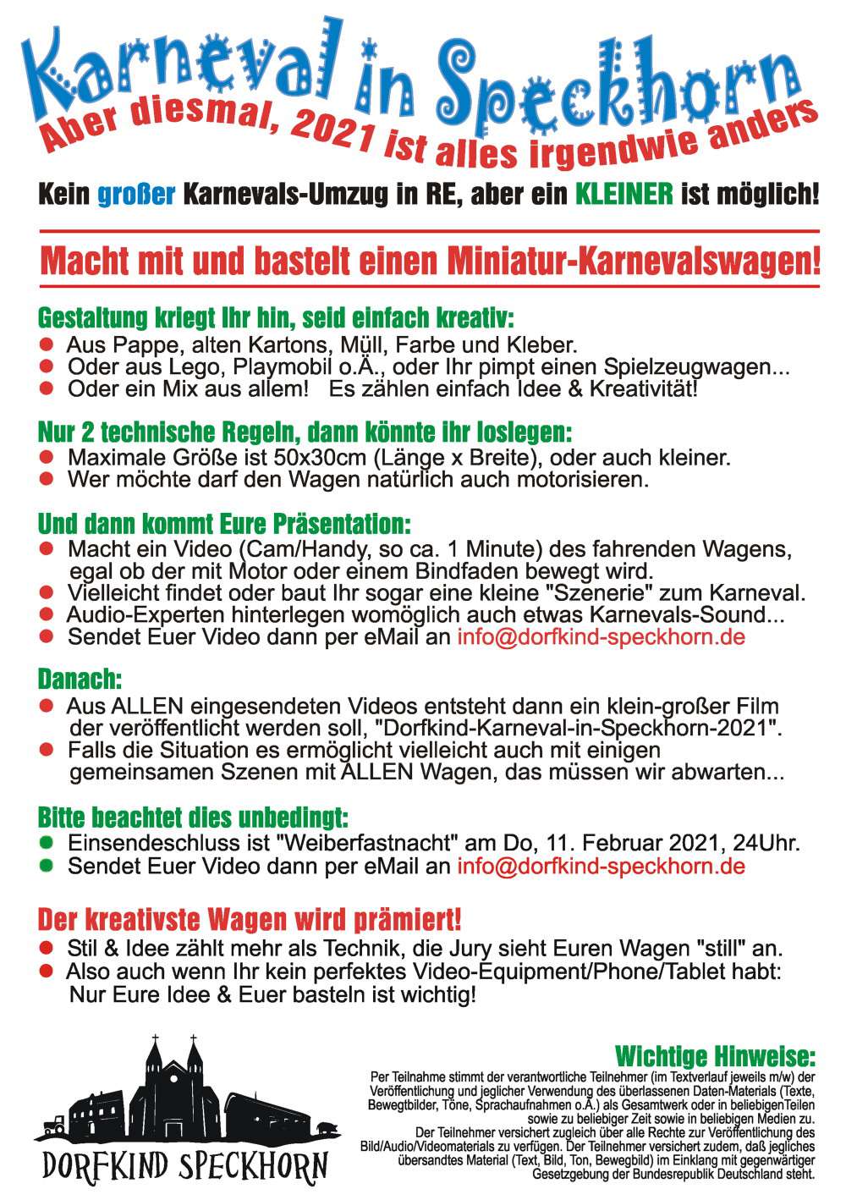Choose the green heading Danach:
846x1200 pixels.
[80, 679]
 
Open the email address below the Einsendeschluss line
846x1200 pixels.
[601, 866]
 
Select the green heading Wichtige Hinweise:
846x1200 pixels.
[715, 1056]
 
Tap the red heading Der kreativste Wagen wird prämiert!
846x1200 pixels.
[250, 919]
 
